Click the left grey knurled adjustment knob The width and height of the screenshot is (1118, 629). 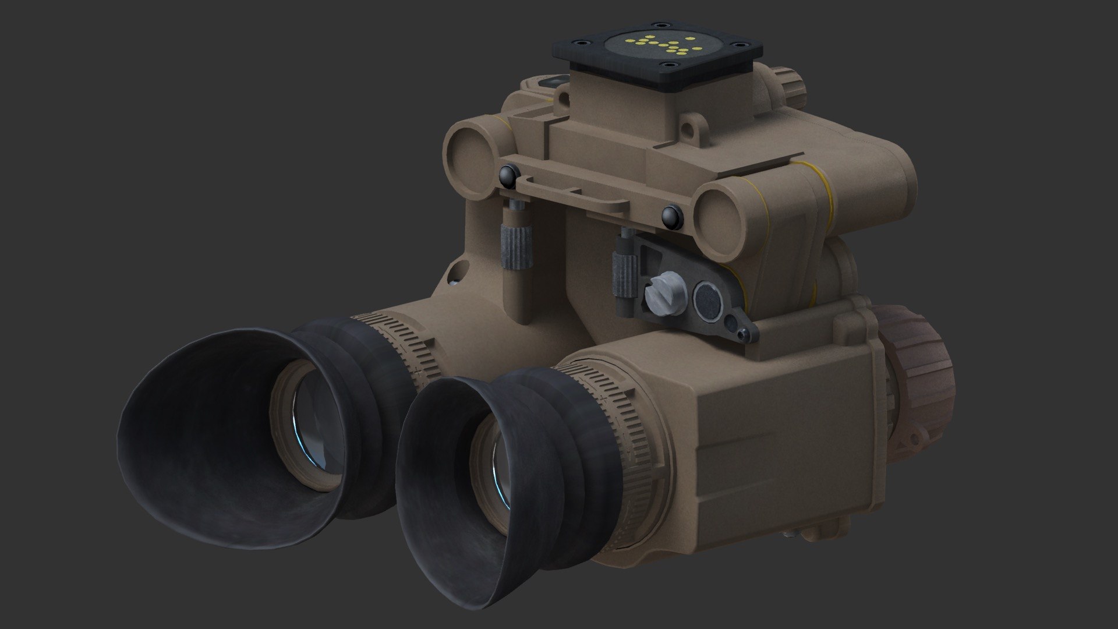(514, 244)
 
